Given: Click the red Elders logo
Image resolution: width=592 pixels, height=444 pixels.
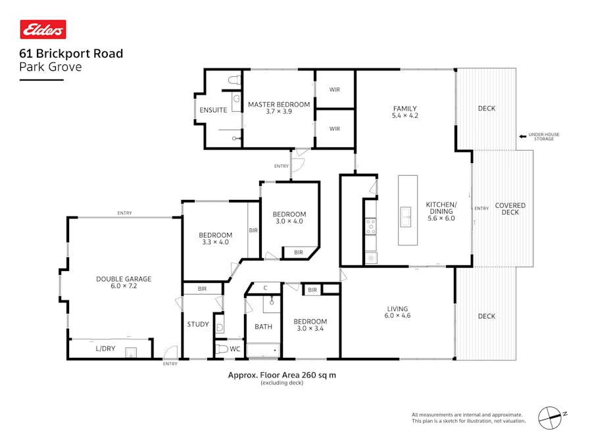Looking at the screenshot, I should pyautogui.click(x=43, y=30).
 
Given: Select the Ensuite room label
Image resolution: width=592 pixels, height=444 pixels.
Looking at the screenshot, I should pyautogui.click(x=213, y=110).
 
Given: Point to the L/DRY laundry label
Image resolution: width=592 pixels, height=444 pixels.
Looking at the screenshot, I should pyautogui.click(x=105, y=349).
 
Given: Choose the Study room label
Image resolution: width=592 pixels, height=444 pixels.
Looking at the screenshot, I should pyautogui.click(x=197, y=324).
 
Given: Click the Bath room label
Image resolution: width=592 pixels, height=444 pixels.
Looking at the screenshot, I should pyautogui.click(x=263, y=326).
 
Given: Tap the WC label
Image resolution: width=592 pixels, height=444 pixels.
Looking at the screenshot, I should pyautogui.click(x=235, y=349).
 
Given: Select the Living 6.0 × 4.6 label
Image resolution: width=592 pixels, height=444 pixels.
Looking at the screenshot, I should pyautogui.click(x=397, y=312).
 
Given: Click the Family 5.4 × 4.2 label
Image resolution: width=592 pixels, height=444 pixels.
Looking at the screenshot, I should pyautogui.click(x=405, y=112).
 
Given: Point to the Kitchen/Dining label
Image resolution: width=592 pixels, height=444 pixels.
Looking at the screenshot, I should pyautogui.click(x=440, y=210).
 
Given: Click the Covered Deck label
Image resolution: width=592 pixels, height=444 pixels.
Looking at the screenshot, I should pyautogui.click(x=510, y=209).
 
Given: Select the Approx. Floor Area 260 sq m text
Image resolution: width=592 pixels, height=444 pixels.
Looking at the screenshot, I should pyautogui.click(x=282, y=375).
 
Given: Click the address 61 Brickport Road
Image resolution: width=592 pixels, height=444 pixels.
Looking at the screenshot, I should pyautogui.click(x=71, y=54).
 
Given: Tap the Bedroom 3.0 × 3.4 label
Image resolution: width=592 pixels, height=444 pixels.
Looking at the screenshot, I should pyautogui.click(x=311, y=325).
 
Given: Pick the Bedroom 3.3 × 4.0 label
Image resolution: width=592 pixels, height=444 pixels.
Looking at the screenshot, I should pyautogui.click(x=215, y=239).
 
